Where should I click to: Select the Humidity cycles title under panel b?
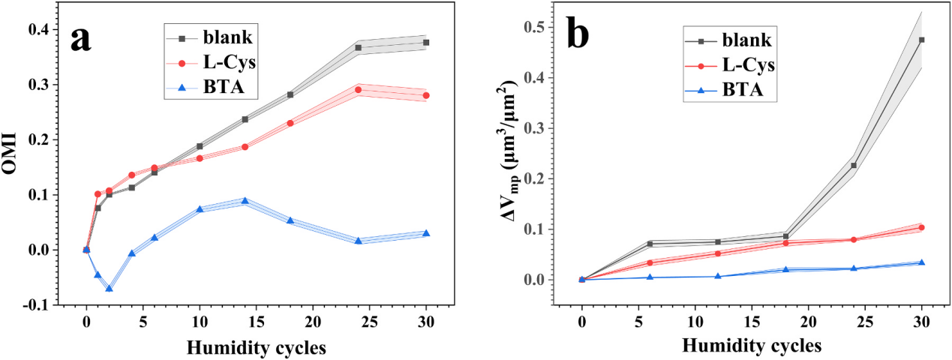click(752, 348)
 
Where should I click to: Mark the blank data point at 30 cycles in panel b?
click(921, 40)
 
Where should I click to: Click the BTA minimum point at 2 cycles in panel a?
click(109, 289)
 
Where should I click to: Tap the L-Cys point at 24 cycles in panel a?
click(358, 90)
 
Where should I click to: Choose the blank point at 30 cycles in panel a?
click(426, 42)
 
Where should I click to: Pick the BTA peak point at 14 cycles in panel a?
click(245, 200)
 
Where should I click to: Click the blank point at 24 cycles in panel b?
click(854, 165)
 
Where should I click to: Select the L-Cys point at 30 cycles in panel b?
click(921, 227)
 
